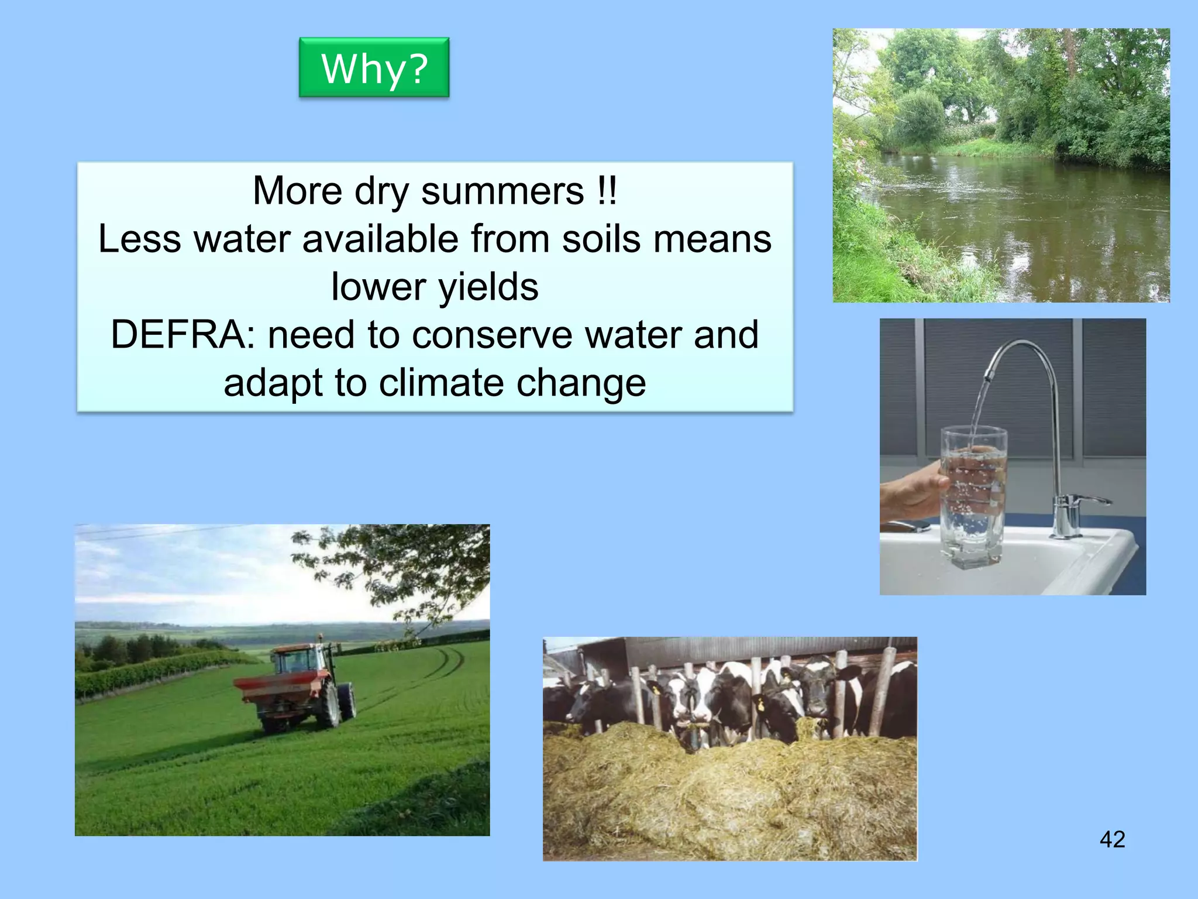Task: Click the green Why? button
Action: click(374, 67)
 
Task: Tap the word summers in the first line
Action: click(502, 191)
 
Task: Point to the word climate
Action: click(441, 383)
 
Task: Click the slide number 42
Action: click(1112, 839)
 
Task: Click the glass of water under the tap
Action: click(973, 503)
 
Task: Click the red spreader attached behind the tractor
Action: click(275, 688)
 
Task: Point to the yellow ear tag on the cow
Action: click(760, 705)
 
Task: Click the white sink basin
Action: click(1053, 562)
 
